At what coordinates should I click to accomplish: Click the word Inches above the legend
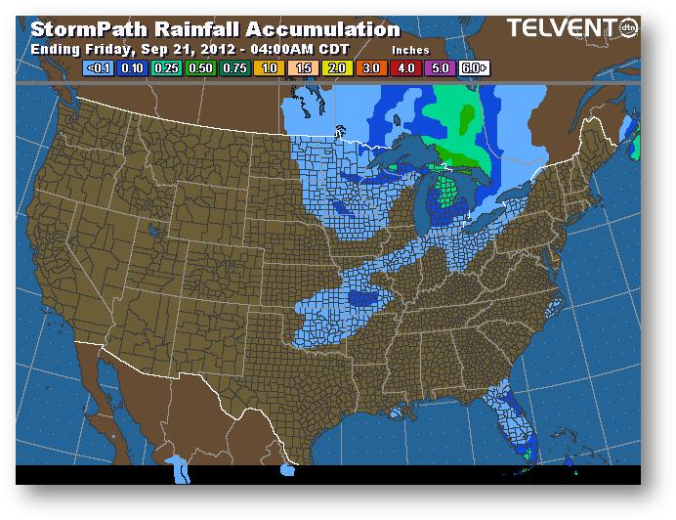[x=410, y=48]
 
